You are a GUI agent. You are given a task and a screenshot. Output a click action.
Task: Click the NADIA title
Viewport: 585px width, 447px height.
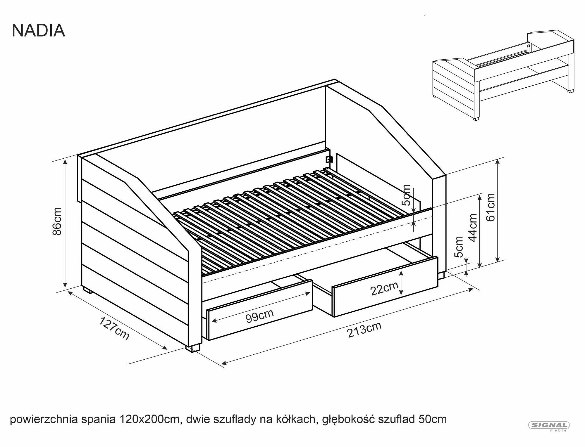click(x=38, y=30)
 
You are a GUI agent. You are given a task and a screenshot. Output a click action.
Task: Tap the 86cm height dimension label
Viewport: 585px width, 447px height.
click(x=57, y=221)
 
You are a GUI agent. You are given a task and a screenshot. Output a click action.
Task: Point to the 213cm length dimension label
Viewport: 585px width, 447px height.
click(x=364, y=330)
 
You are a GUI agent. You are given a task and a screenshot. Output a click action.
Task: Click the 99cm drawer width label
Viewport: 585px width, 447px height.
click(x=259, y=316)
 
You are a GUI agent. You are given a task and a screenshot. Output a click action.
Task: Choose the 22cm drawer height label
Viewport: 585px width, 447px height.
click(x=384, y=289)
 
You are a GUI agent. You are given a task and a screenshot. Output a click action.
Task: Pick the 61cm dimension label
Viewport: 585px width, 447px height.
click(x=491, y=207)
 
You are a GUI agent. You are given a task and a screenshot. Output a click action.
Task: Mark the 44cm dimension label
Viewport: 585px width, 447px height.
click(x=473, y=228)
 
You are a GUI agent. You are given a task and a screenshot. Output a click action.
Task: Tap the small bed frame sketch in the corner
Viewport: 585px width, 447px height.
click(x=503, y=74)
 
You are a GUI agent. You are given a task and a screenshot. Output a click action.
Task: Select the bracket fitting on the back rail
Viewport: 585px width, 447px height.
click(x=329, y=159)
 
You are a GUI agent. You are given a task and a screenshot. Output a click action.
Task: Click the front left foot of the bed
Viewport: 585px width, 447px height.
click(x=193, y=349)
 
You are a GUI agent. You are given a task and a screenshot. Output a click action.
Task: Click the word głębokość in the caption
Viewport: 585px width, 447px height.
click(x=349, y=420)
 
